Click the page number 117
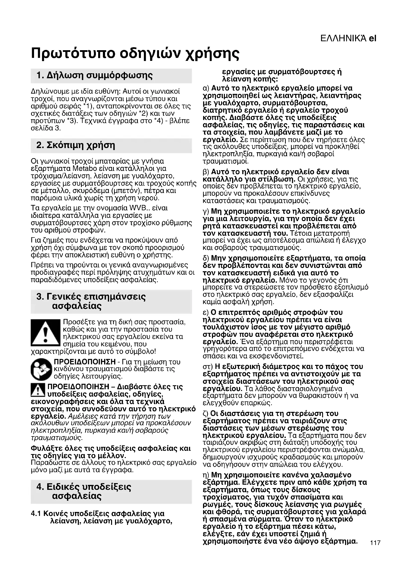tap(375, 550)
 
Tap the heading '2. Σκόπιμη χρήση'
tap(76, 146)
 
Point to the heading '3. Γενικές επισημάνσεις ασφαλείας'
tap(91, 301)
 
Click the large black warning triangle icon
tap(45, 333)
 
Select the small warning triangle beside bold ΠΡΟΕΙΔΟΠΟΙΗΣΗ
tap(38, 390)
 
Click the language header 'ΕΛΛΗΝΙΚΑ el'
tap(348, 39)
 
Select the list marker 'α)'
tap(206, 88)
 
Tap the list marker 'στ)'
tap(208, 367)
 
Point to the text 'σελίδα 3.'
tap(46, 128)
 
